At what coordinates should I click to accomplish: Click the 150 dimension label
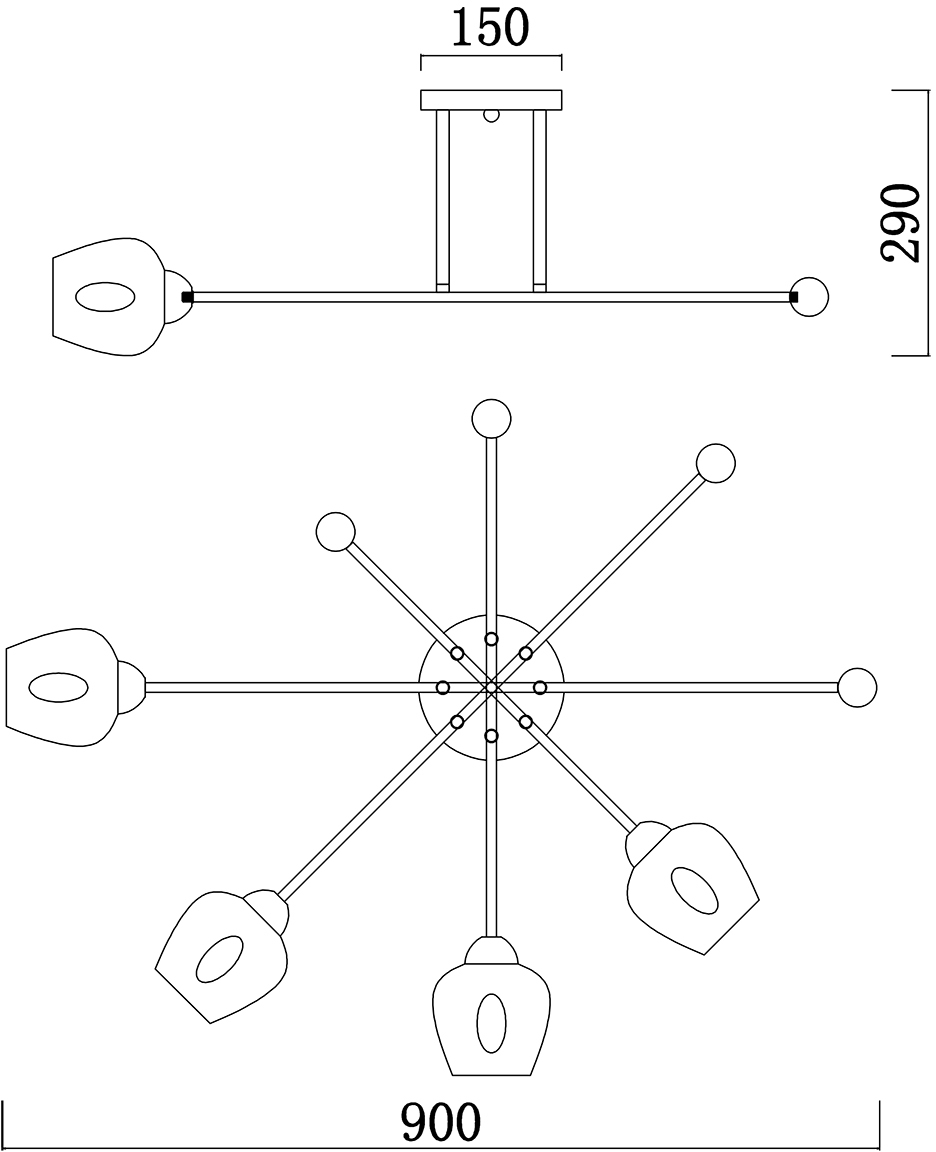pyautogui.click(x=489, y=28)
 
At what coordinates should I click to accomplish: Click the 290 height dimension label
pyautogui.click(x=901, y=222)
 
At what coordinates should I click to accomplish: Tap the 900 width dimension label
pyautogui.click(x=441, y=1123)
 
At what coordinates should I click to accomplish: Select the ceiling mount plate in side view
pyautogui.click(x=491, y=100)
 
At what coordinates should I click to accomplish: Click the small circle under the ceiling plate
pyautogui.click(x=490, y=115)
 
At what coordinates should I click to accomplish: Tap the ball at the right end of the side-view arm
pyautogui.click(x=809, y=297)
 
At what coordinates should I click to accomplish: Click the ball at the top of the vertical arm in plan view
pyautogui.click(x=491, y=418)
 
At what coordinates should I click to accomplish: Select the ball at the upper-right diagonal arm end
pyautogui.click(x=716, y=463)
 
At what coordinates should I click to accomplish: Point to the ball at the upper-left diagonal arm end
pyautogui.click(x=335, y=532)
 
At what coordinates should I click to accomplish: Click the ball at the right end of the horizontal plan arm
pyautogui.click(x=857, y=687)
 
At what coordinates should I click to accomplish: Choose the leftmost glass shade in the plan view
pyautogui.click(x=63, y=687)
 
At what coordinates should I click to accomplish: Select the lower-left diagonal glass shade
pyautogui.click(x=222, y=955)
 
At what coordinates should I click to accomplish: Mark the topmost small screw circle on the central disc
pyautogui.click(x=491, y=638)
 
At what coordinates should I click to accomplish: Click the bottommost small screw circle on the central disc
pyautogui.click(x=491, y=735)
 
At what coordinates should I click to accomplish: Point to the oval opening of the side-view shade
pyautogui.click(x=104, y=298)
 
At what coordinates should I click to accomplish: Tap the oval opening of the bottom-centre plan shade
pyautogui.click(x=490, y=1023)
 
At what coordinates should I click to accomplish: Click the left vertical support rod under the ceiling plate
pyautogui.click(x=442, y=200)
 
